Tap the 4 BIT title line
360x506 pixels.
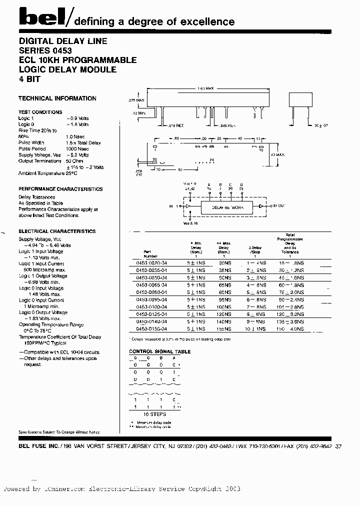tap(29, 79)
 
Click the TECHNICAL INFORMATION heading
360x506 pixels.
tap(57, 98)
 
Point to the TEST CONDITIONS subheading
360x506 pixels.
tap(40, 112)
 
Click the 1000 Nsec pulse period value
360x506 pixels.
tap(77, 149)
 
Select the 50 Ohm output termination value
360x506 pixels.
tap(75, 161)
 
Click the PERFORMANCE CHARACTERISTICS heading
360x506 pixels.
tap(60, 189)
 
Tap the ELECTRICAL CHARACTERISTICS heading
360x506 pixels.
tap(57, 231)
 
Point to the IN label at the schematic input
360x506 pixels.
tap(171, 206)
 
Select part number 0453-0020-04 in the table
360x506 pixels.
tap(151, 262)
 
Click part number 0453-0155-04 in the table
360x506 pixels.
tap(151, 329)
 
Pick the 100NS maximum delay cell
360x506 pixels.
tap(223, 306)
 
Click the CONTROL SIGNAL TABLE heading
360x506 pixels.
tap(160, 351)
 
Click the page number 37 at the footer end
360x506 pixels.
tap(338, 445)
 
